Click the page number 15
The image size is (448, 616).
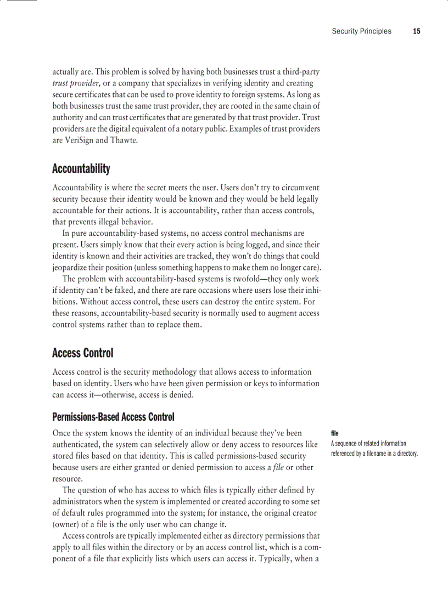pos(416,31)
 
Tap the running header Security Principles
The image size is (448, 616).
pos(361,31)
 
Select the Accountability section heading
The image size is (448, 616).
pos(81,168)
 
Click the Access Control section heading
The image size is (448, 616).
pos(82,353)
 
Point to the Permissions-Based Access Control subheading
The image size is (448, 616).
pos(113,417)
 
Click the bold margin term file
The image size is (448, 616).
pos(334,433)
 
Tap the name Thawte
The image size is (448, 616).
pos(125,140)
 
